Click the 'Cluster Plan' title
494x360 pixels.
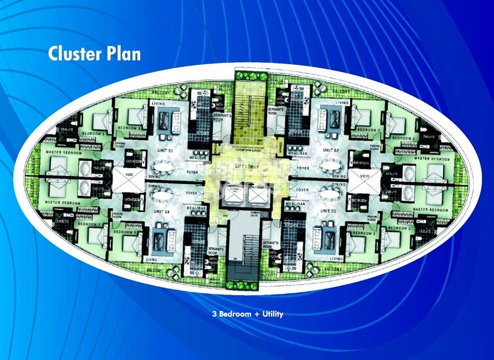coord(94,54)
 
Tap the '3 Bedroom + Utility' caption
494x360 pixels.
coord(247,314)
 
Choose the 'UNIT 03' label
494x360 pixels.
coord(330,211)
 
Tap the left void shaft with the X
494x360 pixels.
coord(128,181)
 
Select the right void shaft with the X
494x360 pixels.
coord(365,181)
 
